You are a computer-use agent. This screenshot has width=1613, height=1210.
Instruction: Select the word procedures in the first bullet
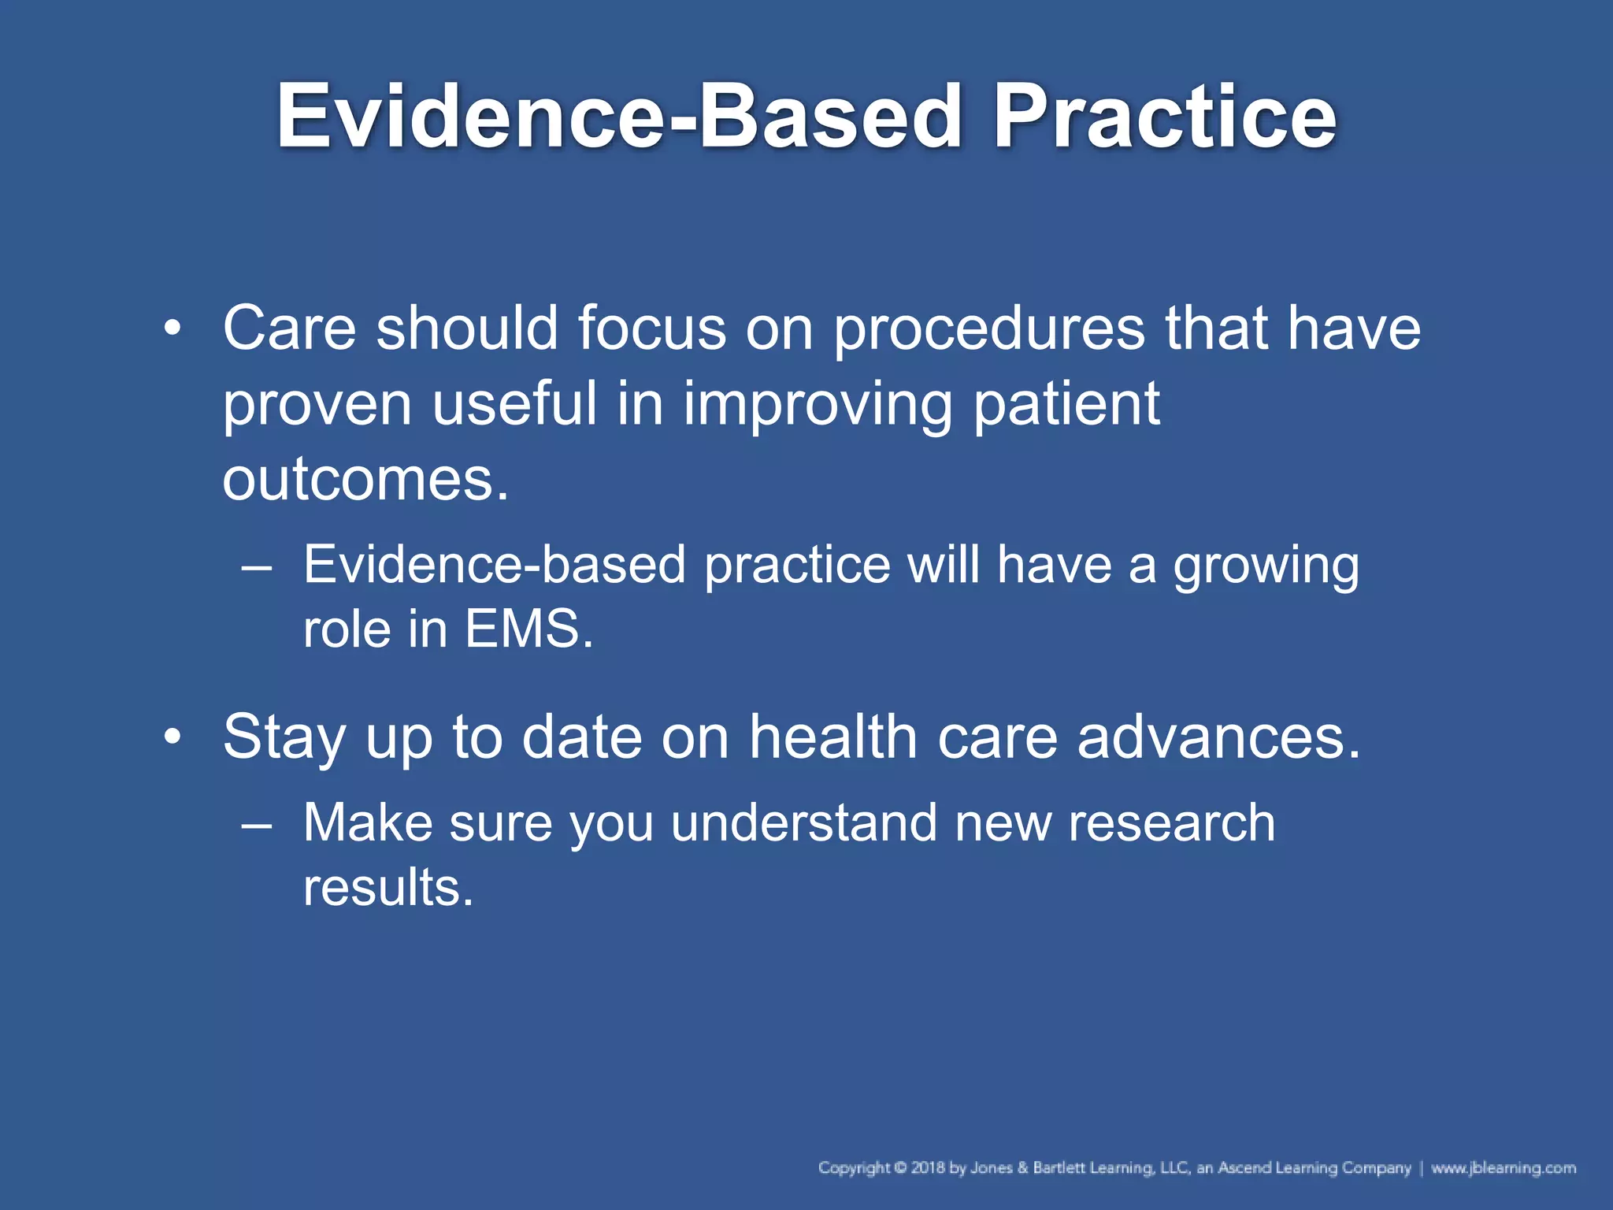tap(989, 329)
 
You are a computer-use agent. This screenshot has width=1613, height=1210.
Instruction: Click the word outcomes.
tap(365, 480)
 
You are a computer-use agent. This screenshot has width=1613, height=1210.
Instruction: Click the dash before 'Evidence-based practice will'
tap(257, 566)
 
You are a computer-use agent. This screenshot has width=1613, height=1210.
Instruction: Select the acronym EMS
tap(528, 629)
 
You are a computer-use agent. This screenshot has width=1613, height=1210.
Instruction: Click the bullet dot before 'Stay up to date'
tap(172, 737)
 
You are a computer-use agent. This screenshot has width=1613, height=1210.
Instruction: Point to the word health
tap(832, 737)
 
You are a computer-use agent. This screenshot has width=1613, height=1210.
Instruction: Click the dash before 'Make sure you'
tap(257, 824)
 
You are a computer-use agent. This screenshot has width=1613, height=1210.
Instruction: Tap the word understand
tap(803, 823)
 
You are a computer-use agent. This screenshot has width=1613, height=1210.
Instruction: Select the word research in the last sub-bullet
tap(1171, 823)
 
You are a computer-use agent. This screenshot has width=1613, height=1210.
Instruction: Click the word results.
tap(388, 888)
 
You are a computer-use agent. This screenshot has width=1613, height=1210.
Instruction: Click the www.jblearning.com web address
tap(1503, 1167)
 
